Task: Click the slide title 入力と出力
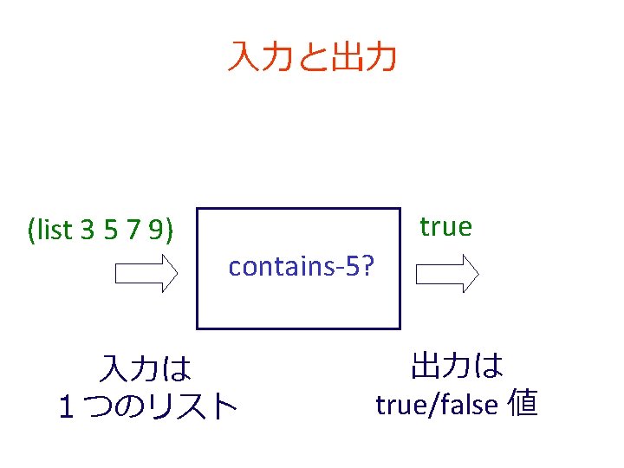click(312, 57)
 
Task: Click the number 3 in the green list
click(87, 231)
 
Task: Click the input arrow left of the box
click(146, 274)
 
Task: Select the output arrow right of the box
click(447, 274)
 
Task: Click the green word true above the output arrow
click(445, 227)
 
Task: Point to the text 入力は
click(145, 369)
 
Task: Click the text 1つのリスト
click(146, 405)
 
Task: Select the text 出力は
click(457, 366)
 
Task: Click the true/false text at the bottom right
click(436, 404)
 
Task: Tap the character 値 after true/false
click(523, 403)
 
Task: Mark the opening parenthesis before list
click(32, 231)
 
